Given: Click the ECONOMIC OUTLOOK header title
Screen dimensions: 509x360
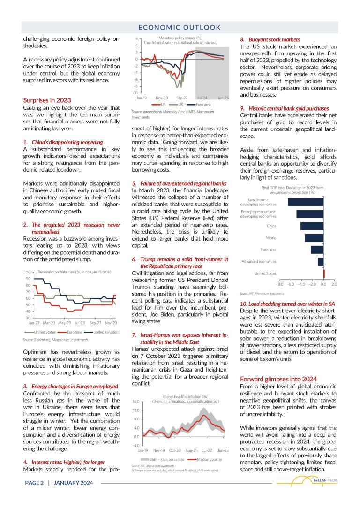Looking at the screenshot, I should coord(180,27).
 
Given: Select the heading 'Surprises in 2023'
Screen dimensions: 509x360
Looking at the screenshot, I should coord(47,100).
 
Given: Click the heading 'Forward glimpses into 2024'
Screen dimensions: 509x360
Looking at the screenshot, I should coord(277,379).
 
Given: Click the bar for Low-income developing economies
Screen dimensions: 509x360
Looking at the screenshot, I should coord(305,202).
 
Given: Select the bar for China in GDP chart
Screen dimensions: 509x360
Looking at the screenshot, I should coord(312,226).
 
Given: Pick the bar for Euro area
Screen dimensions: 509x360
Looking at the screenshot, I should coord(317,250).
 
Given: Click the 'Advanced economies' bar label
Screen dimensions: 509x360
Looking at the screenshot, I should coord(259,261).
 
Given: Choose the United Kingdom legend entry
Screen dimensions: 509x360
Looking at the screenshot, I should coord(105,332).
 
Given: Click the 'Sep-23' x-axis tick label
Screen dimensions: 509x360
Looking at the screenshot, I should coord(96,323).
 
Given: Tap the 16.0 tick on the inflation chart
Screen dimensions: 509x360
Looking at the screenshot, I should coord(135,402).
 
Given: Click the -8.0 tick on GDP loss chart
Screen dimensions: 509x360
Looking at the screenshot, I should coord(280,284).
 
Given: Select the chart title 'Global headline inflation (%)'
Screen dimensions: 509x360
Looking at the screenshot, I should coord(185,396).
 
